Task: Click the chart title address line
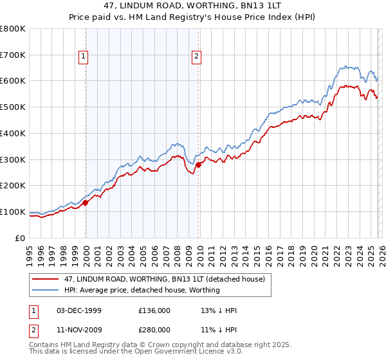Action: [193, 6]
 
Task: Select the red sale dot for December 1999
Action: [86, 203]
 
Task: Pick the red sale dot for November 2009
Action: [198, 165]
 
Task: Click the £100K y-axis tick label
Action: [13, 212]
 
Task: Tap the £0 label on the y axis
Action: [21, 238]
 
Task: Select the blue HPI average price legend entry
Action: [142, 290]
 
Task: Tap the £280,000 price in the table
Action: [154, 330]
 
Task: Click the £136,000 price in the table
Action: [154, 310]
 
